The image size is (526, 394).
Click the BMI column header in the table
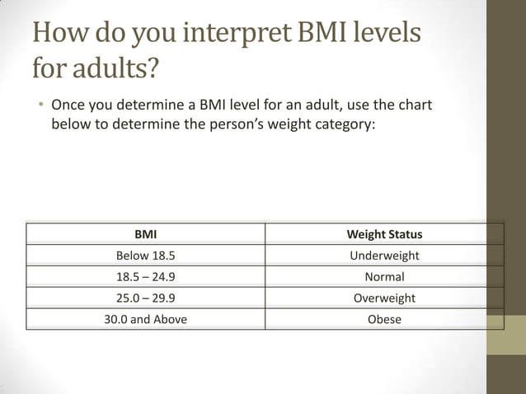click(145, 234)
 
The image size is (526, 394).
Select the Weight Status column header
click(384, 234)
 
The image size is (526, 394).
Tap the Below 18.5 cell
click(145, 256)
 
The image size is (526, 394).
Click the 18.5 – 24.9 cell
click(145, 277)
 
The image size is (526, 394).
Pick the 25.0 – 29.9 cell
click(145, 298)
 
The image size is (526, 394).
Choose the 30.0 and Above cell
click(145, 319)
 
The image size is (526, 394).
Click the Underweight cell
click(384, 256)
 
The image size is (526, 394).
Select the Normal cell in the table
click(384, 277)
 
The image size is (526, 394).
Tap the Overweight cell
click(384, 298)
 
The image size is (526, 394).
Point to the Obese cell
click(384, 319)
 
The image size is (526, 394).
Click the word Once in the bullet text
click(68, 106)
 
